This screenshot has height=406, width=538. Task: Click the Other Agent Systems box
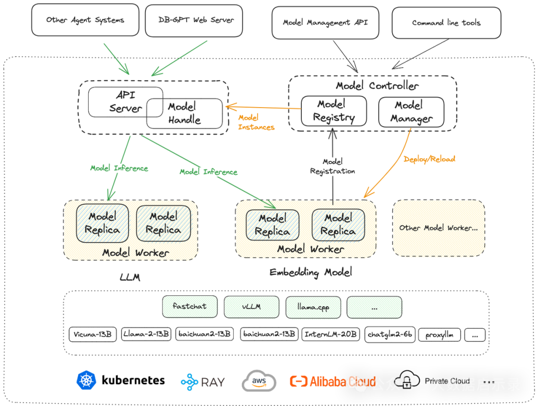(85, 21)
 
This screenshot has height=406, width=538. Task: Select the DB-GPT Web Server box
(194, 21)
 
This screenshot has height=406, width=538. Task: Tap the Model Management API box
(325, 23)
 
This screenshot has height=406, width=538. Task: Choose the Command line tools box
(446, 23)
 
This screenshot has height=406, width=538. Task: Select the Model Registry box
(334, 111)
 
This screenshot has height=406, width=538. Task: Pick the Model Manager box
(411, 112)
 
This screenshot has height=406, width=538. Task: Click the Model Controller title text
(377, 86)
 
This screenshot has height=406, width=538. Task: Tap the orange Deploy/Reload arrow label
(429, 159)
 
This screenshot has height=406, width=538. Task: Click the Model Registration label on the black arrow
(332, 166)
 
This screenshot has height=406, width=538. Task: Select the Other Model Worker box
(438, 228)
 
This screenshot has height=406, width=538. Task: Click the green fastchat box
(191, 306)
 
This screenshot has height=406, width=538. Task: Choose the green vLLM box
(252, 306)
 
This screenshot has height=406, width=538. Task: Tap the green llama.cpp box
(313, 307)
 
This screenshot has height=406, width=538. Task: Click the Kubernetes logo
(86, 381)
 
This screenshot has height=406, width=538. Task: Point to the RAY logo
(203, 382)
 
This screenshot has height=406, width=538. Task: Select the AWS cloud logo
(259, 382)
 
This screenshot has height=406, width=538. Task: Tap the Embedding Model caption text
(311, 272)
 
